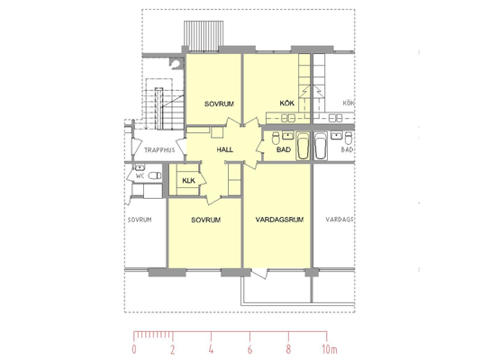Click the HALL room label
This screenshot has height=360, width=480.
[x=225, y=149]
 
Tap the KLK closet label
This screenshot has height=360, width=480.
[x=188, y=181]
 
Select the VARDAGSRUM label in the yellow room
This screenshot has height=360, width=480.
[x=279, y=220]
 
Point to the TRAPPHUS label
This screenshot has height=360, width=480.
[x=159, y=150]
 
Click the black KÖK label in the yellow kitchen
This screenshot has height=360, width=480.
[x=287, y=103]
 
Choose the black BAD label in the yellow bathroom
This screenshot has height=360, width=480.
[x=284, y=149]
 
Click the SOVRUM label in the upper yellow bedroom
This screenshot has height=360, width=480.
[x=219, y=104]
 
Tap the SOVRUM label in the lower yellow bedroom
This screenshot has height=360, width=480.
[x=205, y=220]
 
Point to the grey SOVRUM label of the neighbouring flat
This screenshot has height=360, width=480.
[x=140, y=220]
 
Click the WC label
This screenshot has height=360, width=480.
[x=140, y=175]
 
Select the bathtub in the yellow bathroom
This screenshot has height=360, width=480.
[x=303, y=146]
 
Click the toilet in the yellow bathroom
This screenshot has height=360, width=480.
[x=276, y=138]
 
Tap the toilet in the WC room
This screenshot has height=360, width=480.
[x=155, y=175]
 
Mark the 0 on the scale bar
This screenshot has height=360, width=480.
[x=134, y=349]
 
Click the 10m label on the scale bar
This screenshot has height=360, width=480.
[x=330, y=349]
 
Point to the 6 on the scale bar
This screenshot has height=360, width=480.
[x=249, y=349]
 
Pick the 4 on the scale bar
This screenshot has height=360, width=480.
[x=211, y=349]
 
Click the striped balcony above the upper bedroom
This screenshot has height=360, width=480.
[x=204, y=36]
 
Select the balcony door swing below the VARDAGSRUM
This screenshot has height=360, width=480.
[x=259, y=273]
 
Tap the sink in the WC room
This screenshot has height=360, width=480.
[x=140, y=167]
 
